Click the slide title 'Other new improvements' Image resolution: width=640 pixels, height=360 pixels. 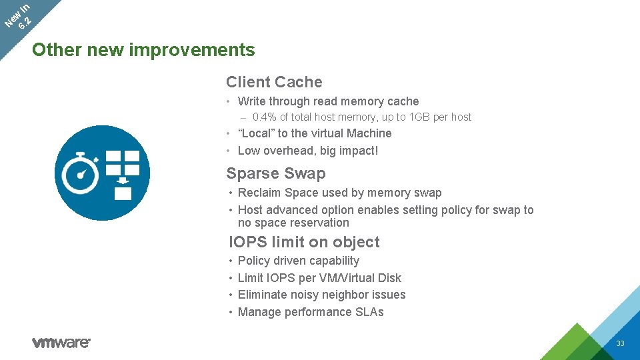(x=143, y=50)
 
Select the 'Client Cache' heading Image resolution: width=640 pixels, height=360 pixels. (x=274, y=82)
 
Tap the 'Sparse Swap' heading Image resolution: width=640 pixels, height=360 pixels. (x=276, y=173)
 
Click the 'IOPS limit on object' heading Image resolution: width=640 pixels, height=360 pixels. (x=304, y=242)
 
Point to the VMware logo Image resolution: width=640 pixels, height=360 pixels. (x=61, y=343)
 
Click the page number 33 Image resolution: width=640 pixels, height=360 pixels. (x=620, y=343)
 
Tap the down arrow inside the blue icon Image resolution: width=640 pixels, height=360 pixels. (x=123, y=180)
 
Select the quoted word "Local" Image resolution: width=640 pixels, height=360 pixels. (x=256, y=133)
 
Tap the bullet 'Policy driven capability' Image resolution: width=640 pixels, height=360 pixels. (x=298, y=261)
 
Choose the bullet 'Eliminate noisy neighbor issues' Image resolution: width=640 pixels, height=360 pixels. (x=321, y=295)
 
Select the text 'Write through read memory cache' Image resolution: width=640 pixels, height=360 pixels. (x=328, y=101)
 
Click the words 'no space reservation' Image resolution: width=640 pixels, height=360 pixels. (x=293, y=223)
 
